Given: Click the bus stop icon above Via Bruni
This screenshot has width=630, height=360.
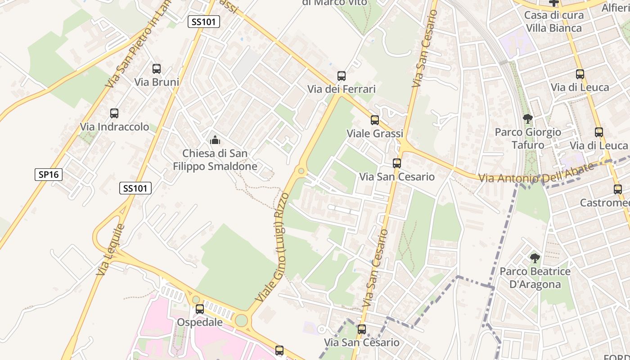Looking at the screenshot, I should tap(157, 69).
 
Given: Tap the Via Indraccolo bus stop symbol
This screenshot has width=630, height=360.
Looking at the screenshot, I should tap(114, 113).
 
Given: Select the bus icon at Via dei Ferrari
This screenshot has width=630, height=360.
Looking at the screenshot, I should tap(342, 76).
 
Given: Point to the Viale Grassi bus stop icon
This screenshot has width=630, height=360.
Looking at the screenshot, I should tap(375, 120).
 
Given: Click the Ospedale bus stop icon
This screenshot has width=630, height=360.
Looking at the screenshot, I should tap(200, 309).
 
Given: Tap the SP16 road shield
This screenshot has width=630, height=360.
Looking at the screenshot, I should tap(49, 175).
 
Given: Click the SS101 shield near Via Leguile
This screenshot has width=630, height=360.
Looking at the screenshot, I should tap(135, 188).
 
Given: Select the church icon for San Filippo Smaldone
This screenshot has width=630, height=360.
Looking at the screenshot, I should tap(215, 140).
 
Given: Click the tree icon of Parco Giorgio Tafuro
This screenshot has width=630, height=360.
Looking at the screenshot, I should tap(528, 119).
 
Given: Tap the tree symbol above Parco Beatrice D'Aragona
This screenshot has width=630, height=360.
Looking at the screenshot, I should tap(535, 258).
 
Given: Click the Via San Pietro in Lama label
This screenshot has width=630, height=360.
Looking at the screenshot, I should tap(139, 43).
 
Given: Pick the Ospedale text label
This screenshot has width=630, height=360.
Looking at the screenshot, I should tap(199, 322).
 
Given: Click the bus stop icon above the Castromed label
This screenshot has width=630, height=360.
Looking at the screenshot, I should tap(618, 189).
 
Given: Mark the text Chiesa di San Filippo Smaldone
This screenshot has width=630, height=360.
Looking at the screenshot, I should tap(215, 160).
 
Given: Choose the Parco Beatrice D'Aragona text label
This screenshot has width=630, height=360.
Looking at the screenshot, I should tap(535, 278).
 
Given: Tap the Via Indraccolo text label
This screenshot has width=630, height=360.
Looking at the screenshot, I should tap(114, 127).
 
